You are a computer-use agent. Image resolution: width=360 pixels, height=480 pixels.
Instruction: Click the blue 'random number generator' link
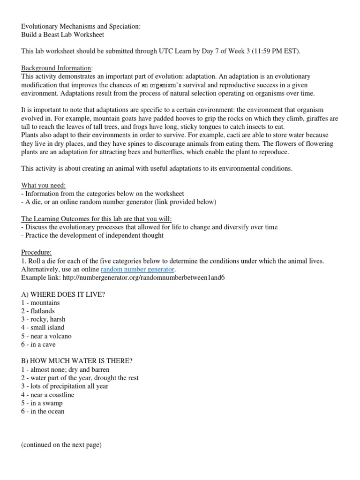[x=137, y=269]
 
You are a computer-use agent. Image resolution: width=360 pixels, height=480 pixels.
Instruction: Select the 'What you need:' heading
[x=44, y=185]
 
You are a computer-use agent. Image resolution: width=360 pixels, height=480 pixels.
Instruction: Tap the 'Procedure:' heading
[x=37, y=252]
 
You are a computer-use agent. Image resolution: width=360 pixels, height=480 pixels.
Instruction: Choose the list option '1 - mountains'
[x=40, y=303]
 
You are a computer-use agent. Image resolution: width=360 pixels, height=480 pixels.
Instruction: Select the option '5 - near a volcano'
[x=46, y=336]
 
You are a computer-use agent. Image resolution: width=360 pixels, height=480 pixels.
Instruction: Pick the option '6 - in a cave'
[x=38, y=345]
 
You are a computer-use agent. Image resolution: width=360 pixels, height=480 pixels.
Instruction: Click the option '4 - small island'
[x=43, y=328]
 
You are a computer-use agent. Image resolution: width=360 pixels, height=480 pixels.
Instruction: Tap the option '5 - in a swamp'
[x=42, y=403]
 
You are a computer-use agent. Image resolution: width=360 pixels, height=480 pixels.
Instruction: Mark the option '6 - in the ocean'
[x=43, y=412]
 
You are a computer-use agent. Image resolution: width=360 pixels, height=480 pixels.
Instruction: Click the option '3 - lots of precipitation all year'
[x=65, y=386]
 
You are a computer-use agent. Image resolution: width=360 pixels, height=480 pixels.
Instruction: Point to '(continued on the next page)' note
[x=61, y=445]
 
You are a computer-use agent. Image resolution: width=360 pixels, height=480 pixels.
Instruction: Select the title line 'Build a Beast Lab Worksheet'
[x=62, y=35]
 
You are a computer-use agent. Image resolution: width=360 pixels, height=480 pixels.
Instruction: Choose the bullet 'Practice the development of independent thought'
[x=94, y=235]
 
